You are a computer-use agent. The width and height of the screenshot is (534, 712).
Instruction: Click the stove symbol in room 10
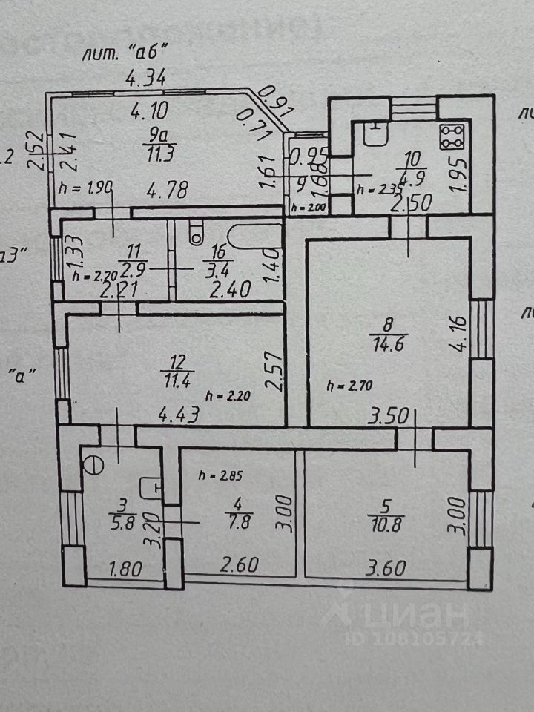pos(453,136)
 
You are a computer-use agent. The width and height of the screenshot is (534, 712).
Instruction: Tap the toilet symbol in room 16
pos(196,233)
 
